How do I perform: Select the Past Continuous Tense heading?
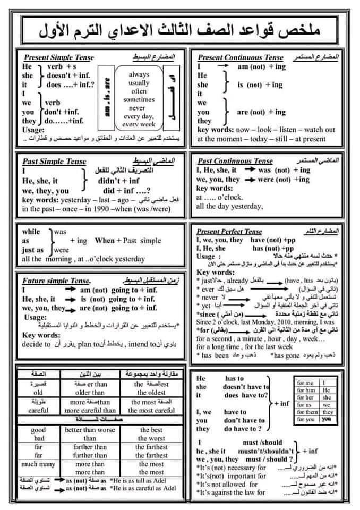tap(235, 160)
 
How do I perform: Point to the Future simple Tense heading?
tap(56, 280)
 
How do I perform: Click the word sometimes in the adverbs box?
tap(139, 99)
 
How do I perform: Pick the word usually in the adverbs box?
tap(139, 83)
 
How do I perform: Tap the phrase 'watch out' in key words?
tap(320, 129)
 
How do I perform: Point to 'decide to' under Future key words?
tap(37, 344)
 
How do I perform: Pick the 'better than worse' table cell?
tap(90, 430)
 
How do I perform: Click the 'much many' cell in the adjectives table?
tap(38, 464)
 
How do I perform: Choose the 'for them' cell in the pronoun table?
tap(308, 412)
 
